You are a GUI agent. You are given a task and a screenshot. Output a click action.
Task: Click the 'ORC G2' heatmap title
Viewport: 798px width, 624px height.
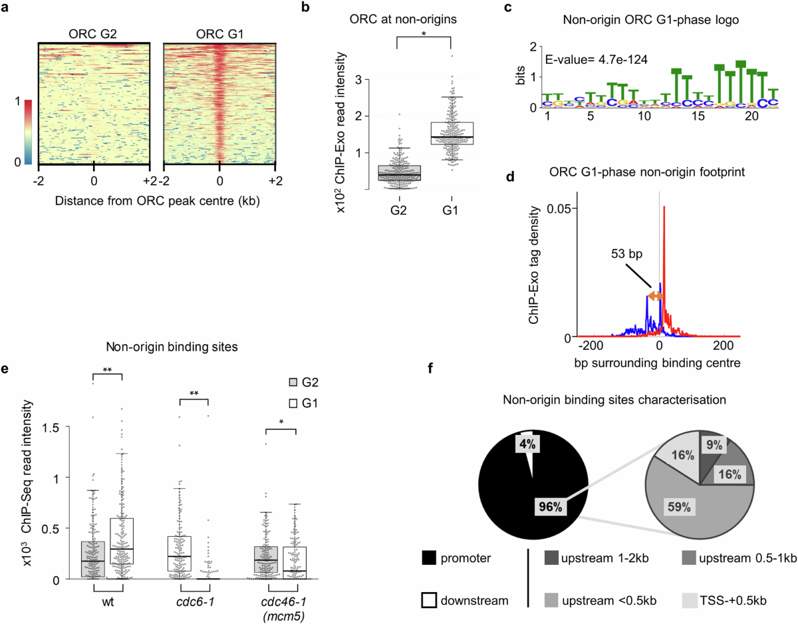94,33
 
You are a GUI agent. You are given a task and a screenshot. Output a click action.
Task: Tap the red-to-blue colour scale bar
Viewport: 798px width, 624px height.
27,132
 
